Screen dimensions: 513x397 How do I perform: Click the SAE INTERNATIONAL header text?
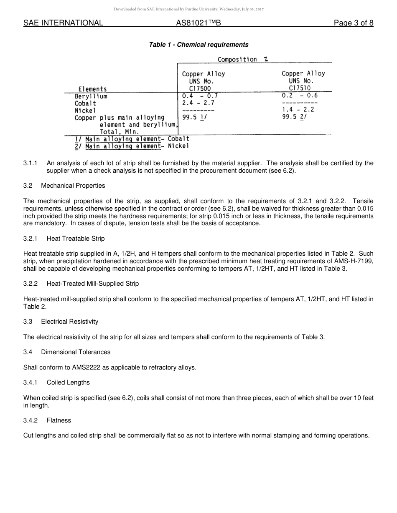pos(63,23)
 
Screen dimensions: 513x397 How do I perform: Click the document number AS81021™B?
pos(198,23)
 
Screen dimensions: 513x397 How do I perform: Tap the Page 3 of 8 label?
pos(353,23)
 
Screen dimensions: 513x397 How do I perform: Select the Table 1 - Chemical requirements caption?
pos(198,45)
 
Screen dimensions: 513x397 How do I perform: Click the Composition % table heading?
pos(243,60)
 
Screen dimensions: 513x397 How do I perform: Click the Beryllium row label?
pos(91,96)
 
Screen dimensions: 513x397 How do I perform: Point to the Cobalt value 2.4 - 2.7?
pos(198,103)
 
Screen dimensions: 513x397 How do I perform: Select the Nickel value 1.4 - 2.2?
pos(298,109)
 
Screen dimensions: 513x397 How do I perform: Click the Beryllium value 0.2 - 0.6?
pos(300,96)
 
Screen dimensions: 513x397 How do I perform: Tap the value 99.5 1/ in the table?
pos(194,117)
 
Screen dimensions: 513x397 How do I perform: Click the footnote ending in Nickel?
pos(132,146)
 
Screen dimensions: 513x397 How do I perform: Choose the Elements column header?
pos(92,89)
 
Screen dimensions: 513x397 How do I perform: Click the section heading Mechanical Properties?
pos(73,185)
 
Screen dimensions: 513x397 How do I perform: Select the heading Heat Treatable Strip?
pos(76,239)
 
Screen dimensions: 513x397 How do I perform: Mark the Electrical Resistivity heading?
pos(70,322)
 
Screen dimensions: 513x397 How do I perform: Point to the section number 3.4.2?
pos(31,420)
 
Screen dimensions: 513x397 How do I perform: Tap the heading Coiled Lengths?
pos(68,382)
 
